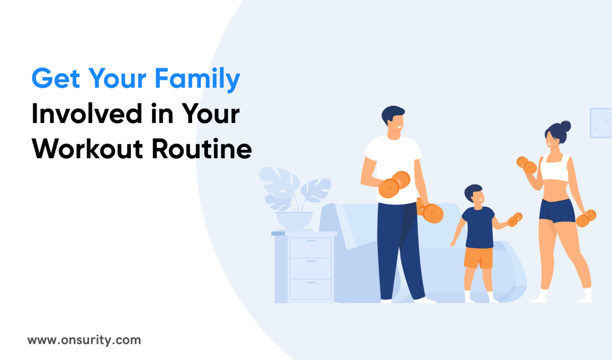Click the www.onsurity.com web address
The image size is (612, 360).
pyautogui.click(x=84, y=340)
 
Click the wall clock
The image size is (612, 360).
pyautogui.click(x=601, y=123)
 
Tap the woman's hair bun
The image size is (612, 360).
pyautogui.click(x=566, y=127)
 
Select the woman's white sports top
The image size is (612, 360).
pyautogui.click(x=555, y=167)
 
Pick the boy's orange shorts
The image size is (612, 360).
pyautogui.click(x=478, y=258)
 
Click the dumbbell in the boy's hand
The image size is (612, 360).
pyautogui.click(x=515, y=219)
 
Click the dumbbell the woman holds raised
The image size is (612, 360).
pyautogui.click(x=526, y=164)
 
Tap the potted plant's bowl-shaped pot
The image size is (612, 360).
pyautogui.click(x=294, y=220)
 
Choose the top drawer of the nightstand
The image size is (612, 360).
pyautogui.click(x=311, y=247)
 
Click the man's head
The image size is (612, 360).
pyautogui.click(x=393, y=120)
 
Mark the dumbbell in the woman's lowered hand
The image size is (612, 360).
pyautogui.click(x=586, y=218)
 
